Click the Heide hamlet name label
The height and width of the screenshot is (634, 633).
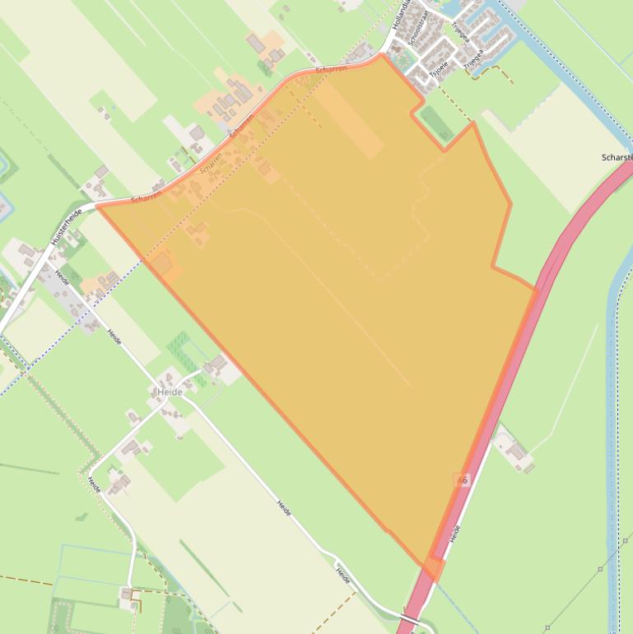(x=170, y=392)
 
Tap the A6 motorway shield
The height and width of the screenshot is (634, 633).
(x=461, y=479)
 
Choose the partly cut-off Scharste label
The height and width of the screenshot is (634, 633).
(x=617, y=157)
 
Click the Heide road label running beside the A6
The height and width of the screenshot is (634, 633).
(x=455, y=533)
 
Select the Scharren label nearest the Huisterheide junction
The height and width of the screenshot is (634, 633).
(x=146, y=198)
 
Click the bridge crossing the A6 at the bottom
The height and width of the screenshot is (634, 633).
(x=409, y=618)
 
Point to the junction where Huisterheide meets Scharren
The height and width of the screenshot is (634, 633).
(x=95, y=203)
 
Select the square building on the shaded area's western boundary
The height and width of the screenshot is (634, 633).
(x=162, y=263)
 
